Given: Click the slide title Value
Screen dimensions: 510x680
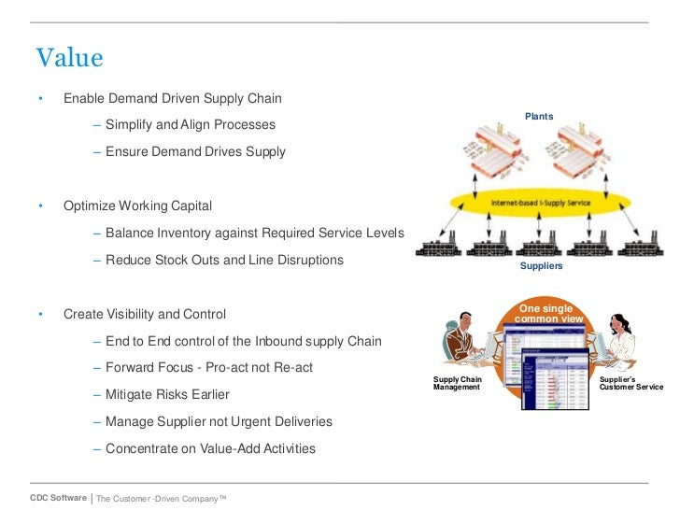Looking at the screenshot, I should point(69,58).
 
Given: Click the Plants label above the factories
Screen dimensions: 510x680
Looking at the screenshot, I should point(538,117).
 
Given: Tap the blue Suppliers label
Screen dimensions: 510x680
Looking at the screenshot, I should point(541,266).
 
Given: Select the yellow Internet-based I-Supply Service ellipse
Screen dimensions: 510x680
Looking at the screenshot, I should point(541,202).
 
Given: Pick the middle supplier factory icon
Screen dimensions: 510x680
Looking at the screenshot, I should point(542,248).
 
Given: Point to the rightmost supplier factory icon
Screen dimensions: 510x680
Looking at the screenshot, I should point(644,248).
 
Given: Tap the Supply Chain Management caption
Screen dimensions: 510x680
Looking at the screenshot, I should point(458,383).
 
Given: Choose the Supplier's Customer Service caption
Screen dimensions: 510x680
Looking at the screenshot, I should point(630,383).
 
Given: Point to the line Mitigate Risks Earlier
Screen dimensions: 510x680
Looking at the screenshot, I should point(167,394).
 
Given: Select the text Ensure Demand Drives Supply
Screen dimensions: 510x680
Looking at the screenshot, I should point(195,151).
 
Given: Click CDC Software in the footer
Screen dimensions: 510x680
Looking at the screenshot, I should point(58,498).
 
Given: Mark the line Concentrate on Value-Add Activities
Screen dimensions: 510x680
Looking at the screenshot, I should point(210,448).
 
